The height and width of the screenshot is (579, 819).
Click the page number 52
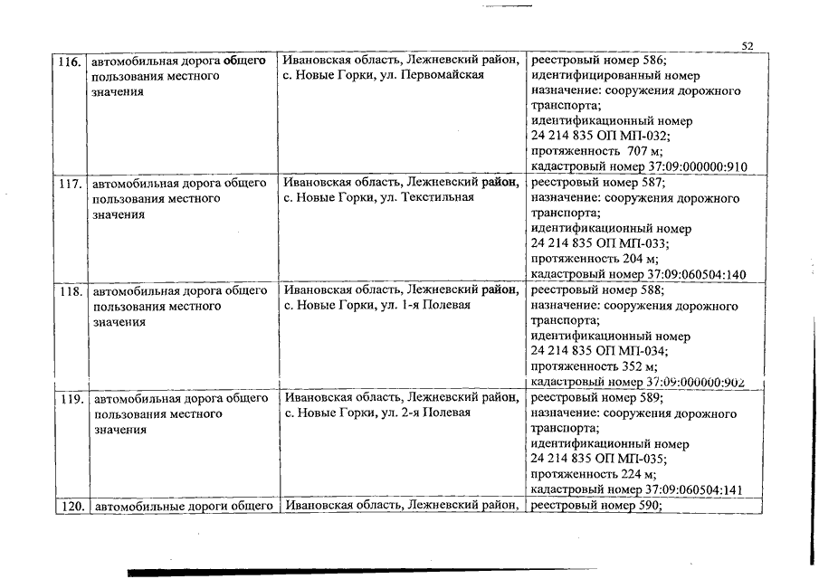[x=748, y=46]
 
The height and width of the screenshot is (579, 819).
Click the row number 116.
[x=69, y=62]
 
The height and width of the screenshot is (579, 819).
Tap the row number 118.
[x=70, y=291]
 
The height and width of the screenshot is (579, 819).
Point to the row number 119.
[x=70, y=398]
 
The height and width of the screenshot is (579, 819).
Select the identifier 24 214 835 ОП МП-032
[x=600, y=136]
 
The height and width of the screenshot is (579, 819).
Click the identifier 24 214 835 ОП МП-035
[x=600, y=459]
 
